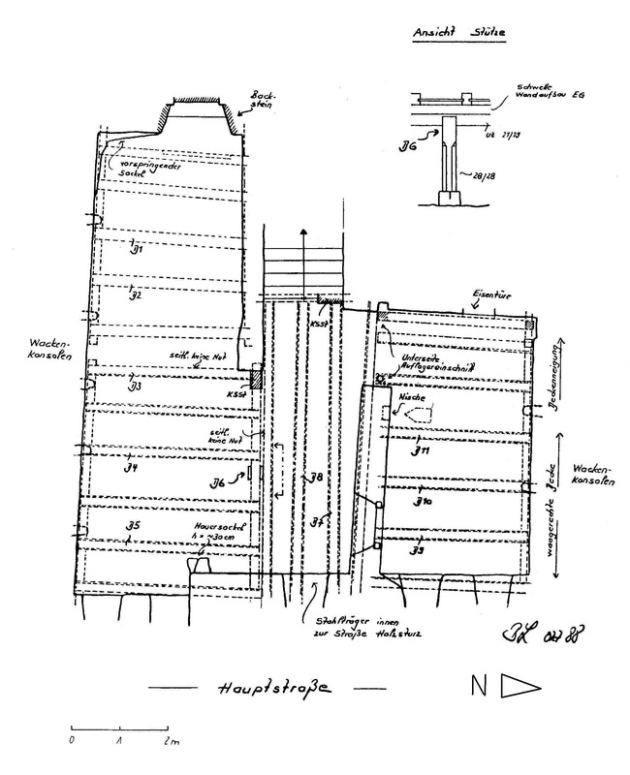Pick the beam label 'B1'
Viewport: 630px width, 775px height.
click(x=137, y=249)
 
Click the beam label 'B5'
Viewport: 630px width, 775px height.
click(x=136, y=526)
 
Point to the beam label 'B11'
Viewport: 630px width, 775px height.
click(x=420, y=451)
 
